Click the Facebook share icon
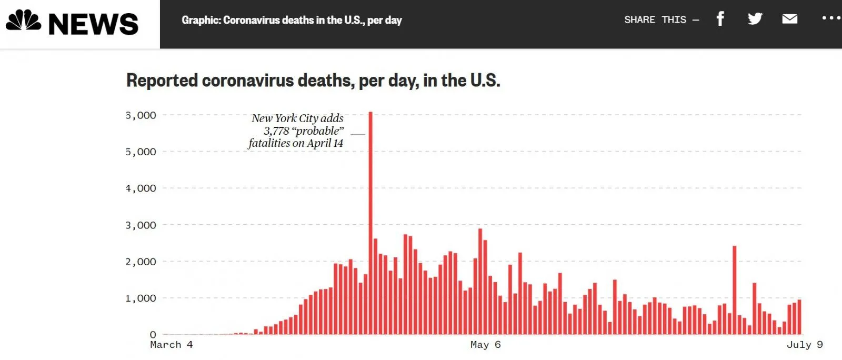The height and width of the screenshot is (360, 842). tap(720, 19)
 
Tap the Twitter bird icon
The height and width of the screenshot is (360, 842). tap(755, 19)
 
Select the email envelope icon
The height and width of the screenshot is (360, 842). tap(789, 19)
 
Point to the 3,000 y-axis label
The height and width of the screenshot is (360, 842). tap(141, 225)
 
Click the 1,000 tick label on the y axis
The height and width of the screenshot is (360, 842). tap(141, 298)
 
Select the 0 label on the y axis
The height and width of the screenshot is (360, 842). tap(153, 335)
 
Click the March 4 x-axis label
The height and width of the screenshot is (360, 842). tap(172, 345)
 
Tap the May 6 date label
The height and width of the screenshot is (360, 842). tap(485, 345)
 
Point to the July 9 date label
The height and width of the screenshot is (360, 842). tap(804, 345)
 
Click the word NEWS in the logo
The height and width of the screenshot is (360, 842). tap(93, 24)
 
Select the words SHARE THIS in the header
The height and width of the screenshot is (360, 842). tap(655, 20)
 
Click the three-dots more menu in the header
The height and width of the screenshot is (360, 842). tap(831, 18)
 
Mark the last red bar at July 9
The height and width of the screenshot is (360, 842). tap(799, 317)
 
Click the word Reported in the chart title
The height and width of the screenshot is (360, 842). tap(162, 81)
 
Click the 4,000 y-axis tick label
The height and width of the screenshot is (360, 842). tap(141, 188)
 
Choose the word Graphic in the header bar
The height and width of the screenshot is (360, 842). tap(201, 21)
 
